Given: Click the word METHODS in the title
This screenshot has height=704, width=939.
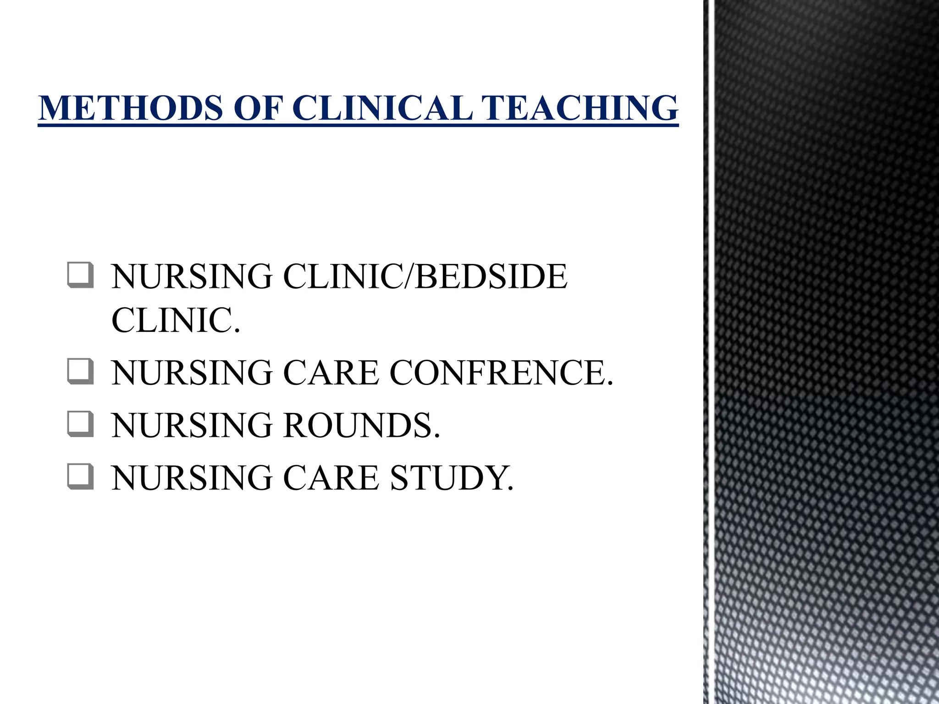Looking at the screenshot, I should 131,108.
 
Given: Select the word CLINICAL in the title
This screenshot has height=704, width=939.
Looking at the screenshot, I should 382,108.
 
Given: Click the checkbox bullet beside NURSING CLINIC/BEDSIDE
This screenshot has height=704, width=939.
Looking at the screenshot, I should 81,275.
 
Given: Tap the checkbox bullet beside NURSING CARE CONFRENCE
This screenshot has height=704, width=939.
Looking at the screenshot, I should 81,371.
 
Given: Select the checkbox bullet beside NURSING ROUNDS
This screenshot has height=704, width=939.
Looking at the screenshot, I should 81,424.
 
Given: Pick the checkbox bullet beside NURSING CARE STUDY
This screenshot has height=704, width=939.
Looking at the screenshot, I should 81,477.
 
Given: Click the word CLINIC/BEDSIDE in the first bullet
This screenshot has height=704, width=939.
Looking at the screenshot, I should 425,277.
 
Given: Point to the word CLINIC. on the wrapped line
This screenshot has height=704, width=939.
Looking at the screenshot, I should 176,320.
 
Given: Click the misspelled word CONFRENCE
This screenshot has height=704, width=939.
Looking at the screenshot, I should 501,373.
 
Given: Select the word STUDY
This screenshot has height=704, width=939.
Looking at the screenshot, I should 452,478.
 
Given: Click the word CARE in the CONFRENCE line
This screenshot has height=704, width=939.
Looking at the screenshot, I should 331,373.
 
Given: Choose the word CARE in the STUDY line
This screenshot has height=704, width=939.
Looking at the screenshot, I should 331,478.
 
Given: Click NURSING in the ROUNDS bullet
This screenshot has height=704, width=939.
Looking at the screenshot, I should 192,425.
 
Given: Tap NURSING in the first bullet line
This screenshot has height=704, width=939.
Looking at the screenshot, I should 192,277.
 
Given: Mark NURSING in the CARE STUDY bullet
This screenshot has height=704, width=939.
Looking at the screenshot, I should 192,478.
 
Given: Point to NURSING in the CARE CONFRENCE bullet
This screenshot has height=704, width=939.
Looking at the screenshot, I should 192,373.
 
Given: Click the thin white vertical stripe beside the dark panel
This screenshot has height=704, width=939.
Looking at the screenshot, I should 711,352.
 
